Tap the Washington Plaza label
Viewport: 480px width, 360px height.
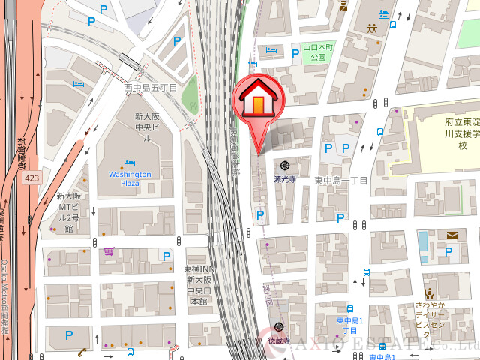point(130,178)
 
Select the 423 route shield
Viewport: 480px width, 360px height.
point(31,178)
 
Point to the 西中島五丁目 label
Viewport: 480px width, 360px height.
point(150,88)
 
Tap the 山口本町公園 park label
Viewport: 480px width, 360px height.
point(314,52)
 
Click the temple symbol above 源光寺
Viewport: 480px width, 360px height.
point(285,166)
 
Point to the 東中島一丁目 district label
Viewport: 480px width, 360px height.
point(341,181)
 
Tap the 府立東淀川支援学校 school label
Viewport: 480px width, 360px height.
point(449,133)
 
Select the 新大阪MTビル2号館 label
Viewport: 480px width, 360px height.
point(67,212)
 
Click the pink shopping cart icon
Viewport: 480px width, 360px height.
point(109,251)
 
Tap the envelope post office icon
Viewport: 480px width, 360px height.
point(451,235)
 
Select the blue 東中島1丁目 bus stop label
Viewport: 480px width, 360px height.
point(350,325)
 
